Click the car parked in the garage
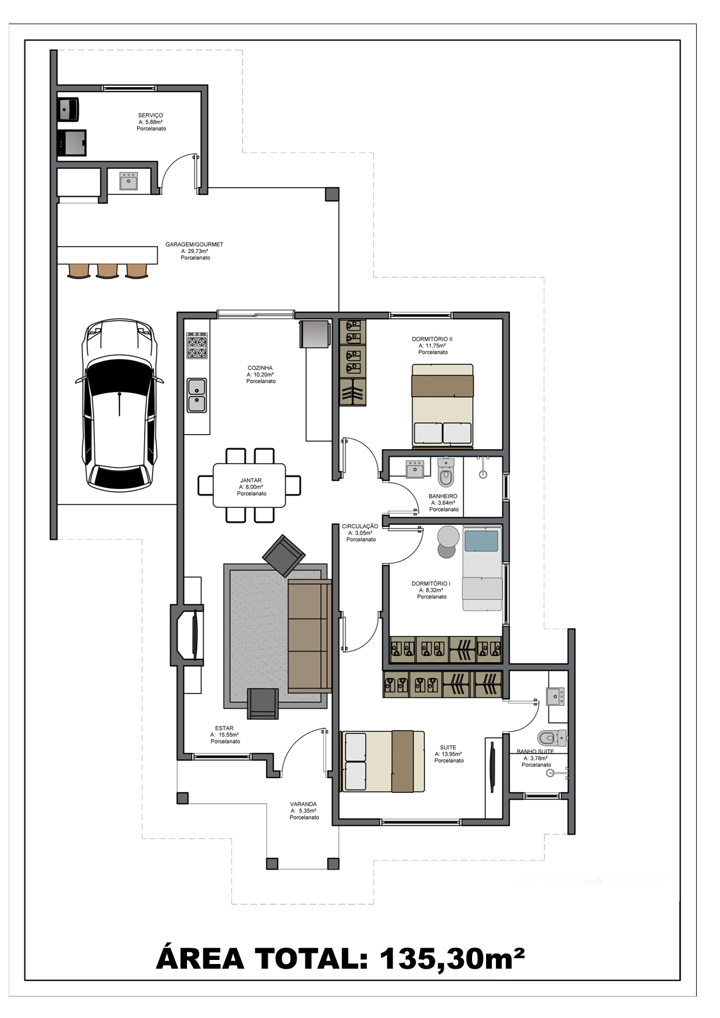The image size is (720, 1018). [x=119, y=405]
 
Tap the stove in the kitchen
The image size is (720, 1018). [x=197, y=345]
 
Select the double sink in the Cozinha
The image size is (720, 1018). [x=197, y=395]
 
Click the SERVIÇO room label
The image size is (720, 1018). [x=150, y=115]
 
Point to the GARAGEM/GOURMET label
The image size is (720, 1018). [x=194, y=244]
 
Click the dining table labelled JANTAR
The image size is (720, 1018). [x=250, y=485]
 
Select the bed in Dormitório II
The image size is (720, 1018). [x=442, y=406]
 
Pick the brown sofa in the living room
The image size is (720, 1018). [x=310, y=636]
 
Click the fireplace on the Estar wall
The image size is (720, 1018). [x=187, y=635]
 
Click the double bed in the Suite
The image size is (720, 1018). [x=383, y=761]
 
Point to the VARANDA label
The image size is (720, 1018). [x=303, y=804]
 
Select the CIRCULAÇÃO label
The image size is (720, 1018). [x=360, y=526]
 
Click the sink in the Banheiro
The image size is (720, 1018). [x=415, y=468]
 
